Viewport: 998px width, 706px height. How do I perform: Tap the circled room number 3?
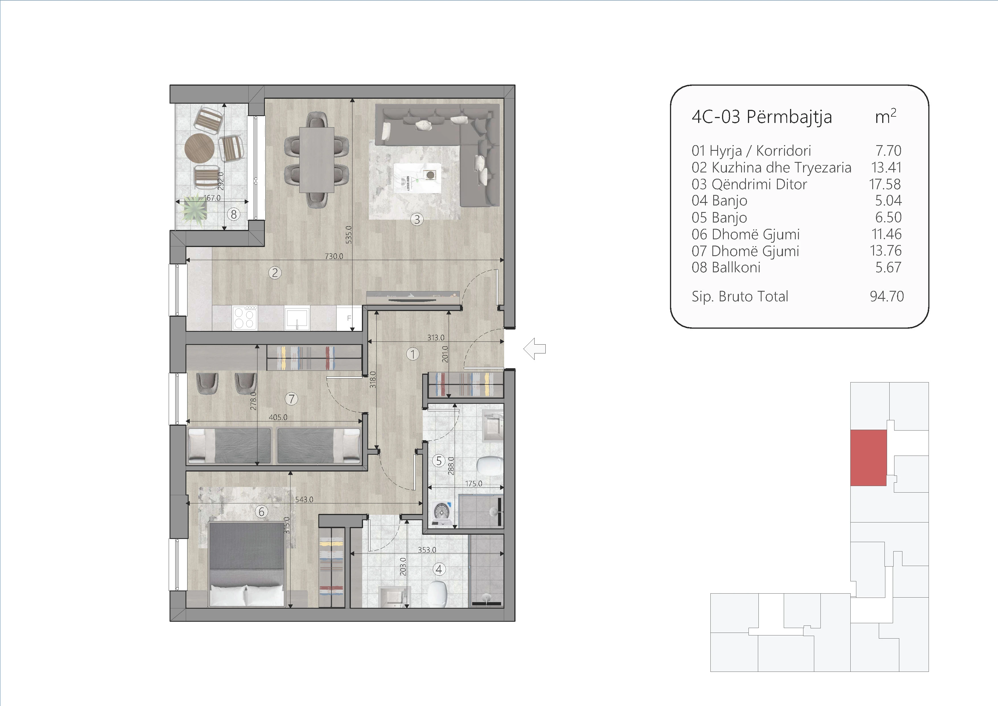(x=417, y=219)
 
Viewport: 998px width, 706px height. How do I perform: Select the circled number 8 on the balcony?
(x=234, y=214)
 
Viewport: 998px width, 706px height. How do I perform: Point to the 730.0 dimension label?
(x=334, y=256)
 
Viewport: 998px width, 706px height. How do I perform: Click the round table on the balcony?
(x=199, y=148)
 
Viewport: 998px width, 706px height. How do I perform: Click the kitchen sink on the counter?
(x=297, y=318)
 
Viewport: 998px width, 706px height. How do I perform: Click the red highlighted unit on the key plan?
(x=868, y=458)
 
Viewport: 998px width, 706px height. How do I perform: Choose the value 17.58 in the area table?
(x=885, y=184)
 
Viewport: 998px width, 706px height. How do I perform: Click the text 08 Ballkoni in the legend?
(x=726, y=267)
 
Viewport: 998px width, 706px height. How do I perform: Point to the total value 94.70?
(x=887, y=297)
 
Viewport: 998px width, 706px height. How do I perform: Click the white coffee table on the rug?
(x=417, y=177)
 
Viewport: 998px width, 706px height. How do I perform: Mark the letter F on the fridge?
(x=349, y=318)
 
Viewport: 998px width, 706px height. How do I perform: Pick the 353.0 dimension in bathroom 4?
(x=427, y=550)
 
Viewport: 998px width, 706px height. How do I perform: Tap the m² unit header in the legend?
(x=885, y=116)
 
